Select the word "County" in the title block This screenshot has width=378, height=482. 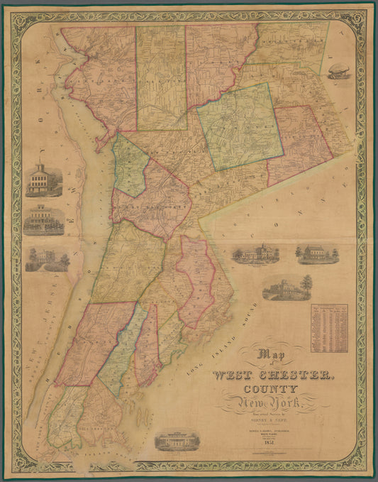(271, 391)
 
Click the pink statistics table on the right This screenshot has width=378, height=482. (329, 329)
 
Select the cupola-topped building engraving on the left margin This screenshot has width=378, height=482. (44, 180)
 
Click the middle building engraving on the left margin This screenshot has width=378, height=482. (44, 221)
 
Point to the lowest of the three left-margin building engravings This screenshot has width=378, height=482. (47, 259)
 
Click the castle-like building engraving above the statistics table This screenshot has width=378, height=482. (287, 287)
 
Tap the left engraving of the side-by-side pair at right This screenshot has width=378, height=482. (256, 254)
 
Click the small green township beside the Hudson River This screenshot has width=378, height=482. (130, 167)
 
